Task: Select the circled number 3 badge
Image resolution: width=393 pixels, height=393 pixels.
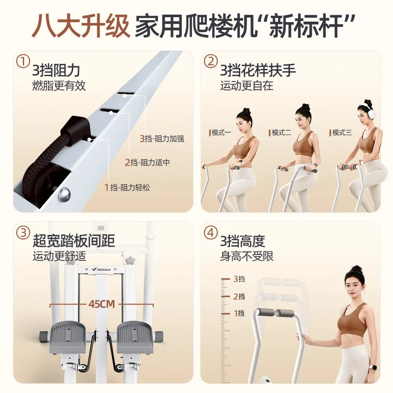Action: [x=23, y=232]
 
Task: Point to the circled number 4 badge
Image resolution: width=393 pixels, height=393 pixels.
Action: [x=211, y=232]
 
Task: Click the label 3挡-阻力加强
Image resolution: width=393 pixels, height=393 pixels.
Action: [x=162, y=139]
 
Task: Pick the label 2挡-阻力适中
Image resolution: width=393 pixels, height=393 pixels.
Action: [x=147, y=163]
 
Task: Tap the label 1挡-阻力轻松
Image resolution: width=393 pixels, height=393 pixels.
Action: [x=127, y=187]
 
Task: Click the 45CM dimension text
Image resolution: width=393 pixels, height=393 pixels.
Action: [x=102, y=304]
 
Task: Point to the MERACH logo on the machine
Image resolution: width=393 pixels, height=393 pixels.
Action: [x=102, y=269]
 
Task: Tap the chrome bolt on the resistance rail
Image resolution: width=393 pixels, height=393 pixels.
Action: [x=64, y=194]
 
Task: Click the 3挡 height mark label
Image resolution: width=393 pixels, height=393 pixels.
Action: [x=239, y=279]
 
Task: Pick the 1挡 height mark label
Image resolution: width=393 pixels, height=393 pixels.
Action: [x=239, y=313]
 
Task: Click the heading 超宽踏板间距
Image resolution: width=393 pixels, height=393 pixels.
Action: [x=74, y=241]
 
